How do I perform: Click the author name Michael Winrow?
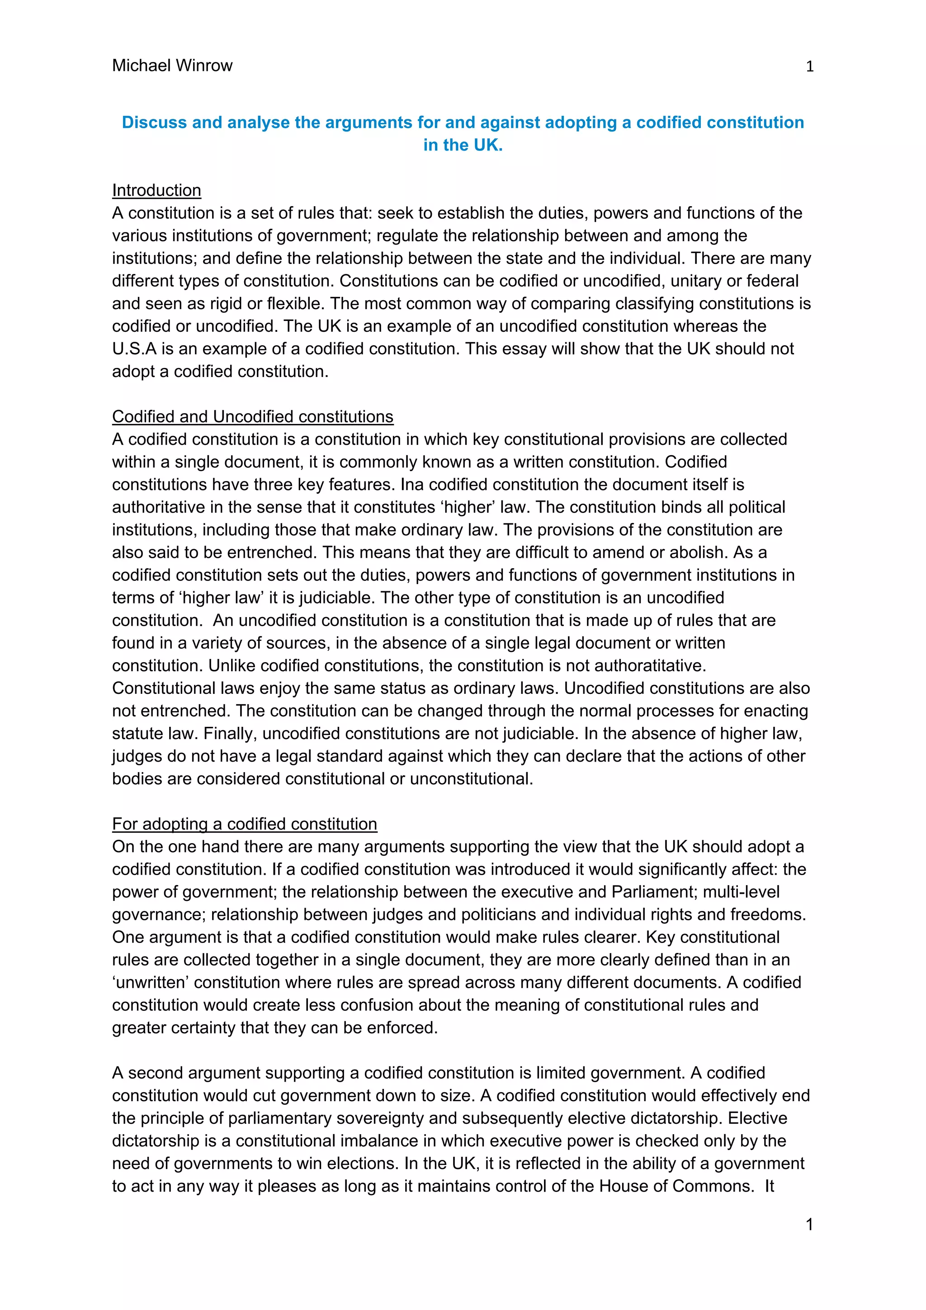click(x=172, y=66)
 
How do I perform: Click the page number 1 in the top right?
click(x=809, y=67)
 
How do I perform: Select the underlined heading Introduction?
click(x=156, y=190)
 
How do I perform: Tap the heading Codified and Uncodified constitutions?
click(x=252, y=416)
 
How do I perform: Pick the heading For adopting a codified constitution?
click(x=244, y=824)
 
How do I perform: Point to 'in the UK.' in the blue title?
click(x=463, y=145)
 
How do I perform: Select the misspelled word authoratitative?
click(x=651, y=665)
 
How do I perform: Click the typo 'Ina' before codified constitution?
click(x=412, y=485)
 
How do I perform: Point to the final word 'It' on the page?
click(x=769, y=1186)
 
